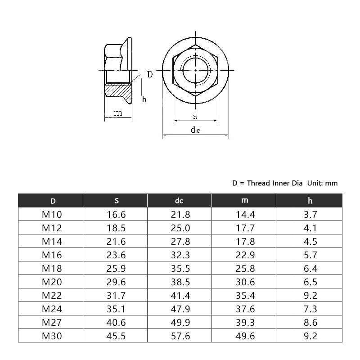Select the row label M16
point(51,255)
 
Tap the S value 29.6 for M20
point(116,282)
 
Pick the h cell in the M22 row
point(310,296)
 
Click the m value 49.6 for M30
point(245,336)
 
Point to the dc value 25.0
point(180,228)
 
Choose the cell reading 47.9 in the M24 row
point(180,309)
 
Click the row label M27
point(51,323)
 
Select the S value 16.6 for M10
point(116,215)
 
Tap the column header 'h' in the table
point(310,201)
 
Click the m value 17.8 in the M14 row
point(245,242)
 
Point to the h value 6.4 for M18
point(310,269)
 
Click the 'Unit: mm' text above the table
point(322,183)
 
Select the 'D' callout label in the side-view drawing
point(150,74)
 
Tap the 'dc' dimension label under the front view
point(195,130)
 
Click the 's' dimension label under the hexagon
point(195,116)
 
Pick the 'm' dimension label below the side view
point(118,113)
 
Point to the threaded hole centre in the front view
point(195,71)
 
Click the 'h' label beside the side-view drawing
point(144,99)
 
